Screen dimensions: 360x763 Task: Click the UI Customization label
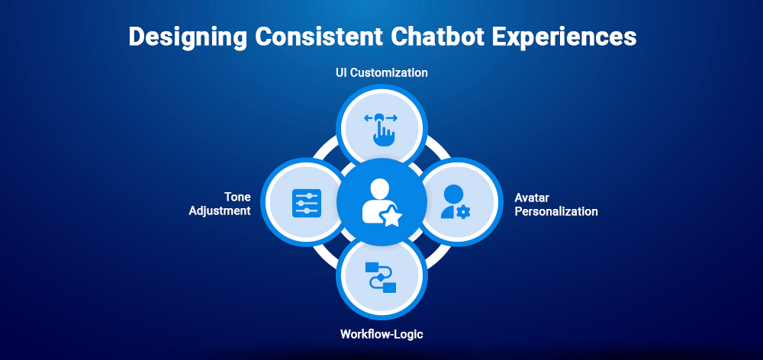[x=381, y=73]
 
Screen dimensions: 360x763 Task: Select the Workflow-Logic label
[x=381, y=334]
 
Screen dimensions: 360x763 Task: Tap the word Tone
[x=237, y=197]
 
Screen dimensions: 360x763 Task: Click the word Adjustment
[x=220, y=211]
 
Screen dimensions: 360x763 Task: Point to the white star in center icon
[x=392, y=218]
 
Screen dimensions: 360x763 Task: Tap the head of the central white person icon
[x=378, y=188]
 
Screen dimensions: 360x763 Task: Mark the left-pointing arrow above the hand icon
[x=369, y=117]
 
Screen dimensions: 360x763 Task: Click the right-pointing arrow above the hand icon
[x=394, y=117]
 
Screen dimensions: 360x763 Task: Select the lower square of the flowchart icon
[x=389, y=287]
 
